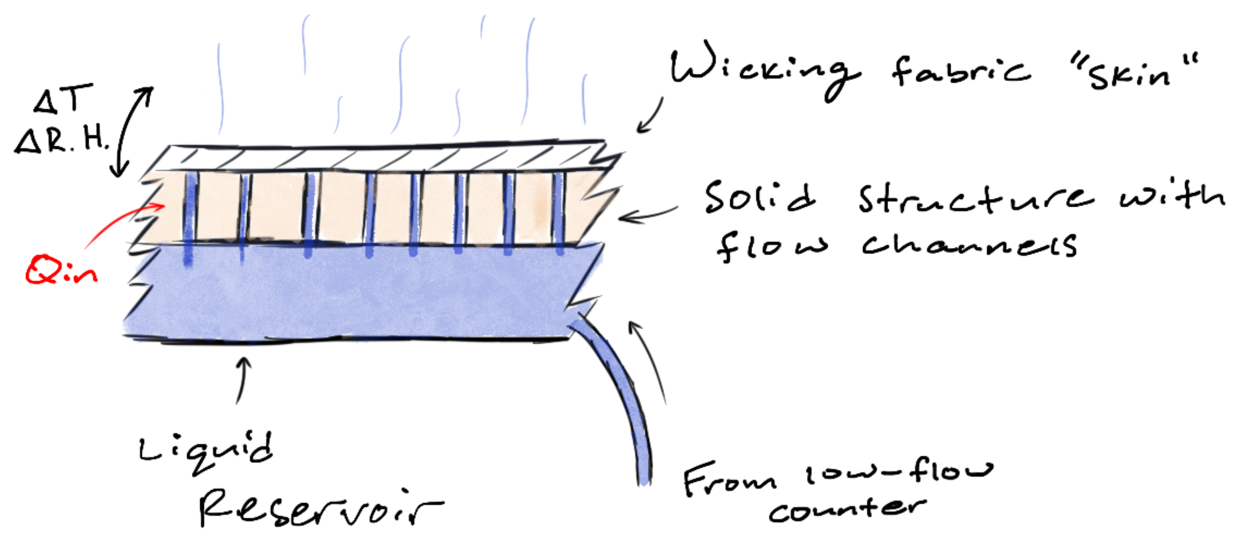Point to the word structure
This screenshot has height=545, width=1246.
pyautogui.click(x=975, y=198)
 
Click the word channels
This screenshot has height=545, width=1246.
pyautogui.click(x=969, y=244)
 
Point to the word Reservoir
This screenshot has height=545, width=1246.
pyautogui.click(x=319, y=509)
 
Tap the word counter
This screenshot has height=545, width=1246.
pyautogui.click(x=848, y=509)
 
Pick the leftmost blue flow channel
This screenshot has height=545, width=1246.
pyautogui.click(x=189, y=218)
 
